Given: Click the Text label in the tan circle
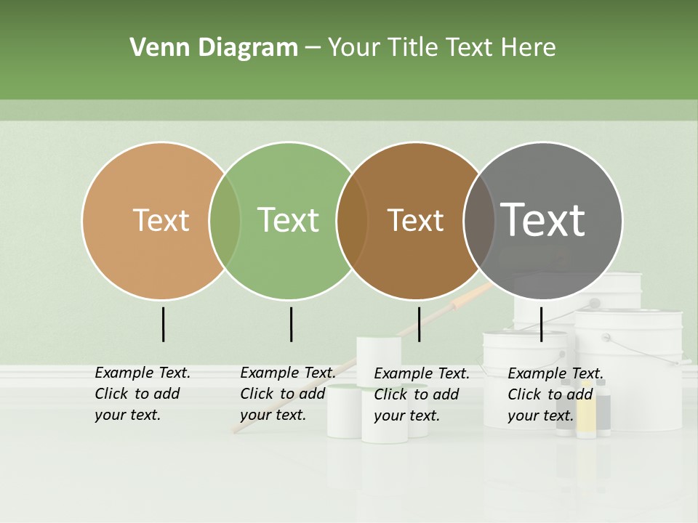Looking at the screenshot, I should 161,220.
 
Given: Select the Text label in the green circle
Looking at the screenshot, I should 289,220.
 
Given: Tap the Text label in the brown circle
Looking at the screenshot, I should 415,220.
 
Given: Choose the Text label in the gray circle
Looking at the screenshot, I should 543,220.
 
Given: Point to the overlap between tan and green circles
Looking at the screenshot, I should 225,220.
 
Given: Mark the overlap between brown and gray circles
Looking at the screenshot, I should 479,220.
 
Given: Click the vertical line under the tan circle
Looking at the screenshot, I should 163,324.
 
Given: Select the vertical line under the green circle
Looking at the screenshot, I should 291,324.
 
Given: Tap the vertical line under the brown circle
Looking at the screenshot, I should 419,324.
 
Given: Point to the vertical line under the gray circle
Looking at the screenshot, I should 541,324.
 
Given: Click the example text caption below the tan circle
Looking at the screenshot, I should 142,394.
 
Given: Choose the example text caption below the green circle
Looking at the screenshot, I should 287,394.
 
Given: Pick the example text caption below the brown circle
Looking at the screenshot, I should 421,394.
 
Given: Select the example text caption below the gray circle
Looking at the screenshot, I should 555,394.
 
